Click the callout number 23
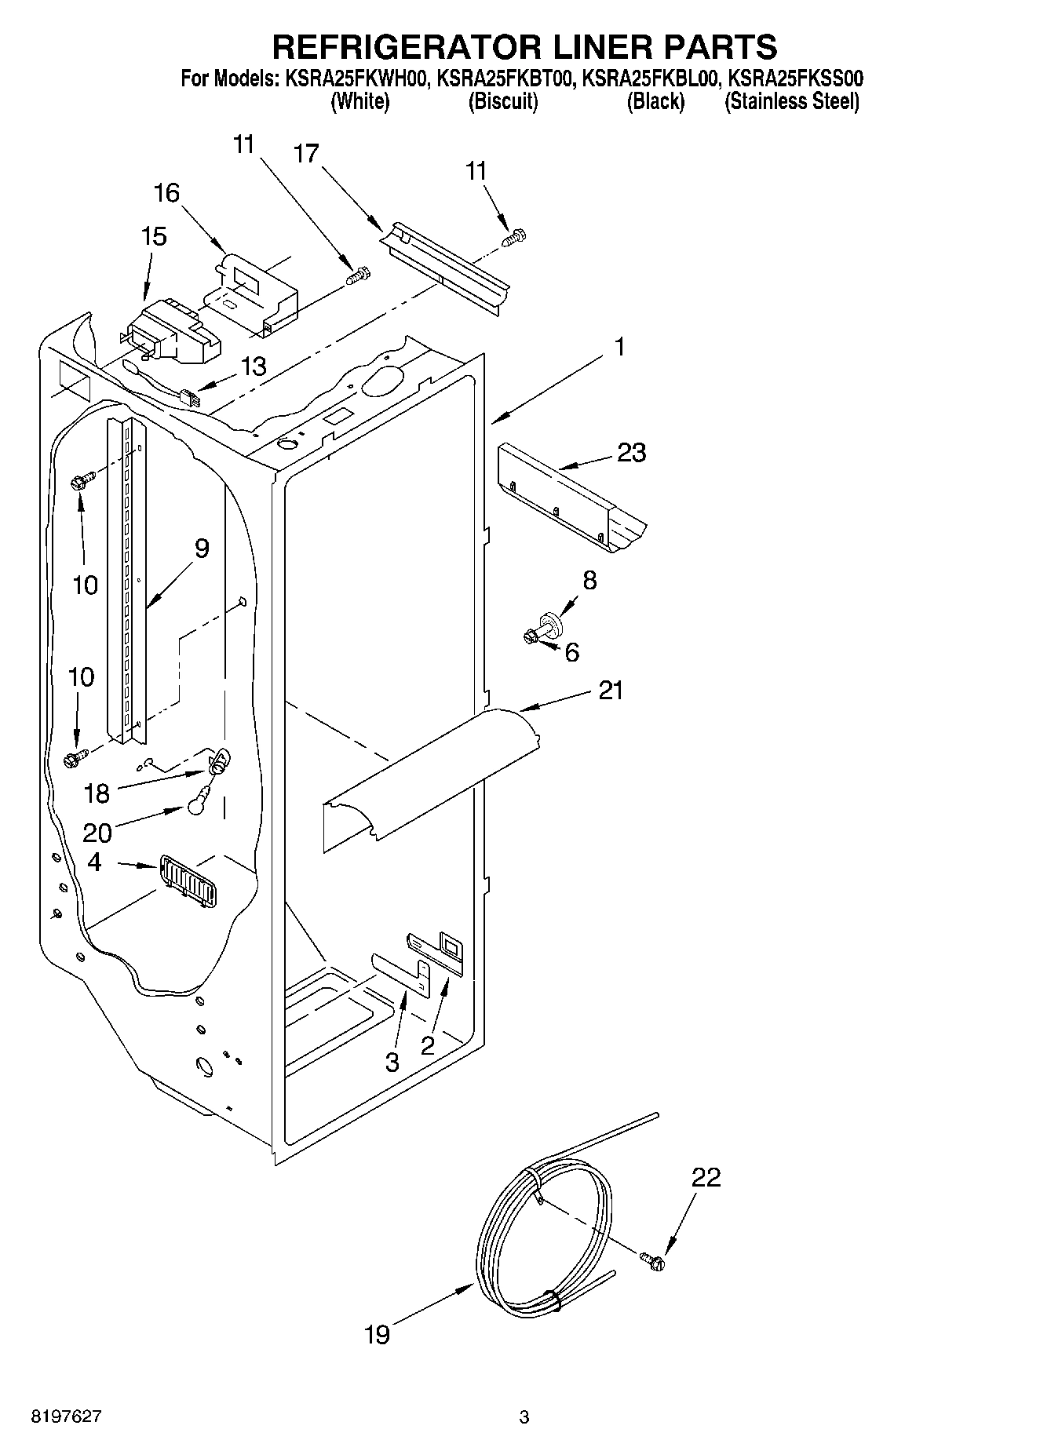(631, 453)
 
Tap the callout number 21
(611, 691)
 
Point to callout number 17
(307, 153)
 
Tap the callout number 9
(202, 549)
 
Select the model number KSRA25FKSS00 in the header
(795, 78)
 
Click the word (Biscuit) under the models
(502, 101)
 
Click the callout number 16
(166, 193)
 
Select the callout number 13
(254, 366)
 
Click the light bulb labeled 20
(200, 802)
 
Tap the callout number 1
(619, 346)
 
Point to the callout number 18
(97, 793)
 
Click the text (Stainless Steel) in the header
(792, 101)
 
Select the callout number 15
(154, 236)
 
